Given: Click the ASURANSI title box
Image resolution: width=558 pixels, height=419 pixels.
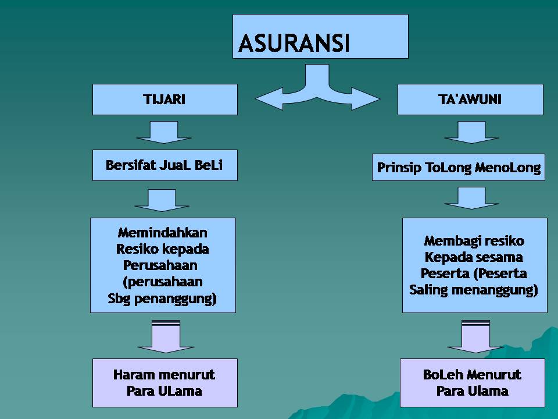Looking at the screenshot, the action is [x=320, y=37].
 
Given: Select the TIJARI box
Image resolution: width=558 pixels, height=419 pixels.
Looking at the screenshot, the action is [x=164, y=100].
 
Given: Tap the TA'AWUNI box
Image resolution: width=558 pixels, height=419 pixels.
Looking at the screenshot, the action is [x=470, y=100].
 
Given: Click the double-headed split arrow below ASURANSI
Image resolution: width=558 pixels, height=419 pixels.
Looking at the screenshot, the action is [x=317, y=90].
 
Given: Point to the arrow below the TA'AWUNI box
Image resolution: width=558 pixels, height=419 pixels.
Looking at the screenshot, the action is [x=471, y=132].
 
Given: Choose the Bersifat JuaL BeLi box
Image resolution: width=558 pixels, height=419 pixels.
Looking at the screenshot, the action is [x=164, y=165].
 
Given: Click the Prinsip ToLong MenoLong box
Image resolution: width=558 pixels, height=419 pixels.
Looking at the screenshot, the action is [x=459, y=168].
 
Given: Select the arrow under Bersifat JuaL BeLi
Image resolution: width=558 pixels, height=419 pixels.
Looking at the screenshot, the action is [x=162, y=199].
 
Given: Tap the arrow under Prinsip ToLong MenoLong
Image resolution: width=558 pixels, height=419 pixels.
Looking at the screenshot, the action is [x=471, y=198].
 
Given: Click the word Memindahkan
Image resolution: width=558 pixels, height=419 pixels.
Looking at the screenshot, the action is [x=163, y=233].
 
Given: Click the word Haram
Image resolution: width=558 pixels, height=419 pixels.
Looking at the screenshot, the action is [x=133, y=374].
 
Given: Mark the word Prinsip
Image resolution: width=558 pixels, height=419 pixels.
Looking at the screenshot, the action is [x=399, y=168].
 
